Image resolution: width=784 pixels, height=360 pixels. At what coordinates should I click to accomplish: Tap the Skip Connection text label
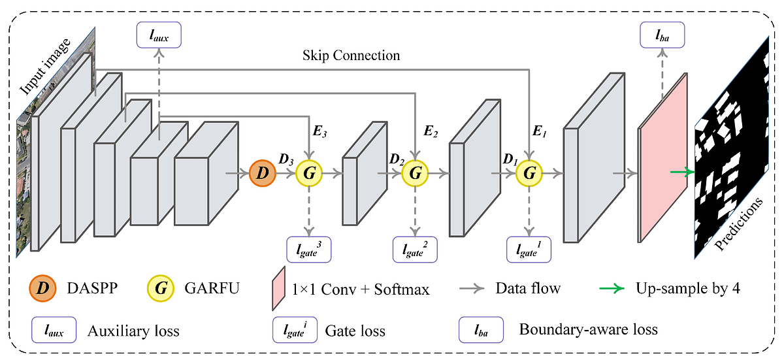point(351,56)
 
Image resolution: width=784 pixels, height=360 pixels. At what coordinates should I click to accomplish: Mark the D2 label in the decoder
point(396,159)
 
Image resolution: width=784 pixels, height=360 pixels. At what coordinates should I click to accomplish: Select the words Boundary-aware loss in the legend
point(588,329)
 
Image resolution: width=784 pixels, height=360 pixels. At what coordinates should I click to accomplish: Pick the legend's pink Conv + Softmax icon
point(277,288)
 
